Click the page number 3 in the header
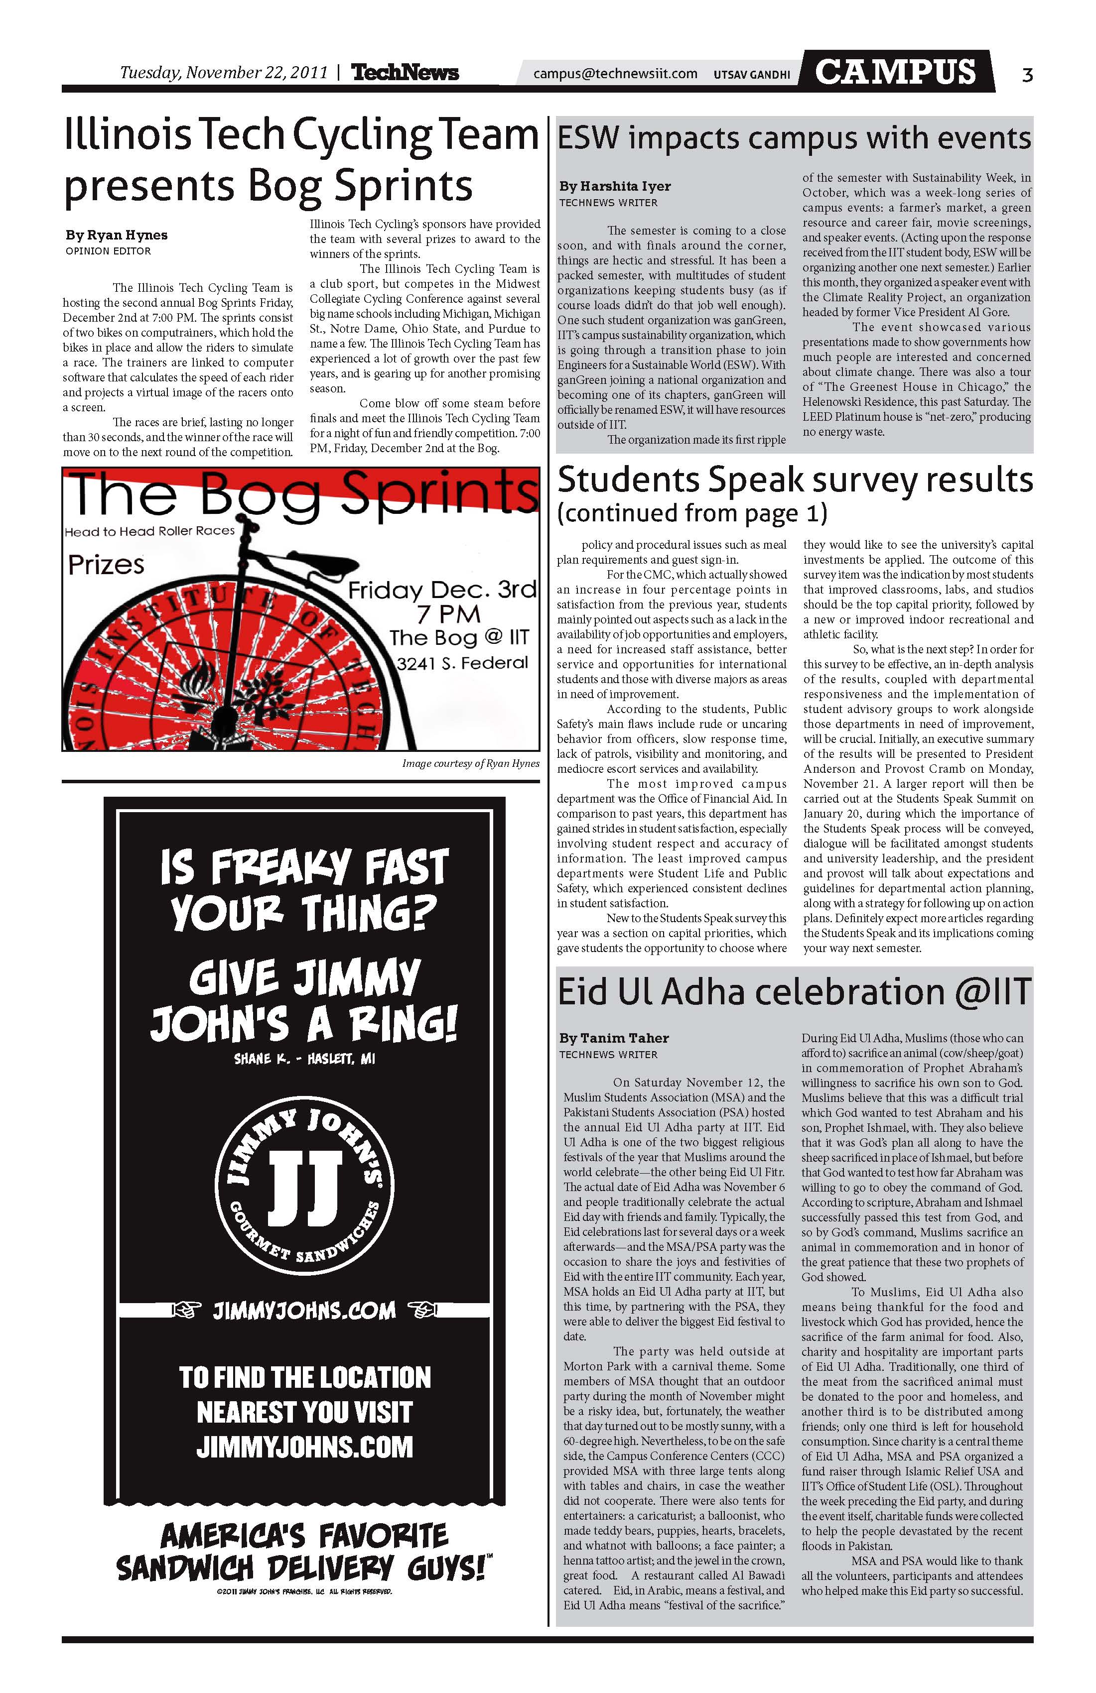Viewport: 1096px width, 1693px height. (1026, 74)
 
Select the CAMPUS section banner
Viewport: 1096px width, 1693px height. (895, 72)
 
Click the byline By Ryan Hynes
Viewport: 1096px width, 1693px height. (117, 235)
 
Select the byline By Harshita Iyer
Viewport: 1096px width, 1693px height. (615, 186)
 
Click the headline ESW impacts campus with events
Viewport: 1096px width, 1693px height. (794, 138)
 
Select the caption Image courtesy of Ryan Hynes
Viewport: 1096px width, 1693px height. (470, 763)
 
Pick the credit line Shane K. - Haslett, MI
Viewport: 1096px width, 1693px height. (304, 1059)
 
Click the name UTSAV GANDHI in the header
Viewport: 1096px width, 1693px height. (752, 74)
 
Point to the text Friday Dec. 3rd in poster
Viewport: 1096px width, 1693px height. (441, 591)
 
